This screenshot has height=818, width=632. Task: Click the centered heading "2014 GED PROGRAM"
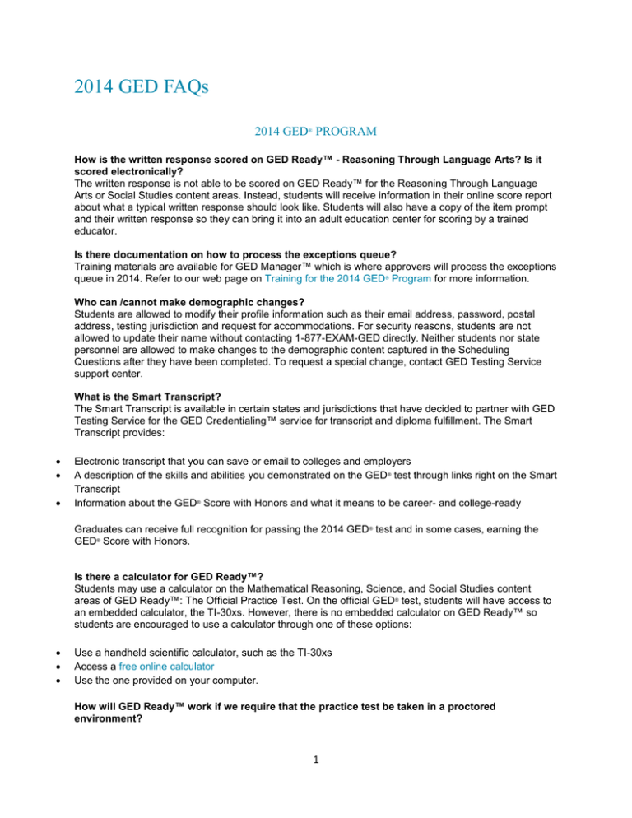(315, 132)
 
